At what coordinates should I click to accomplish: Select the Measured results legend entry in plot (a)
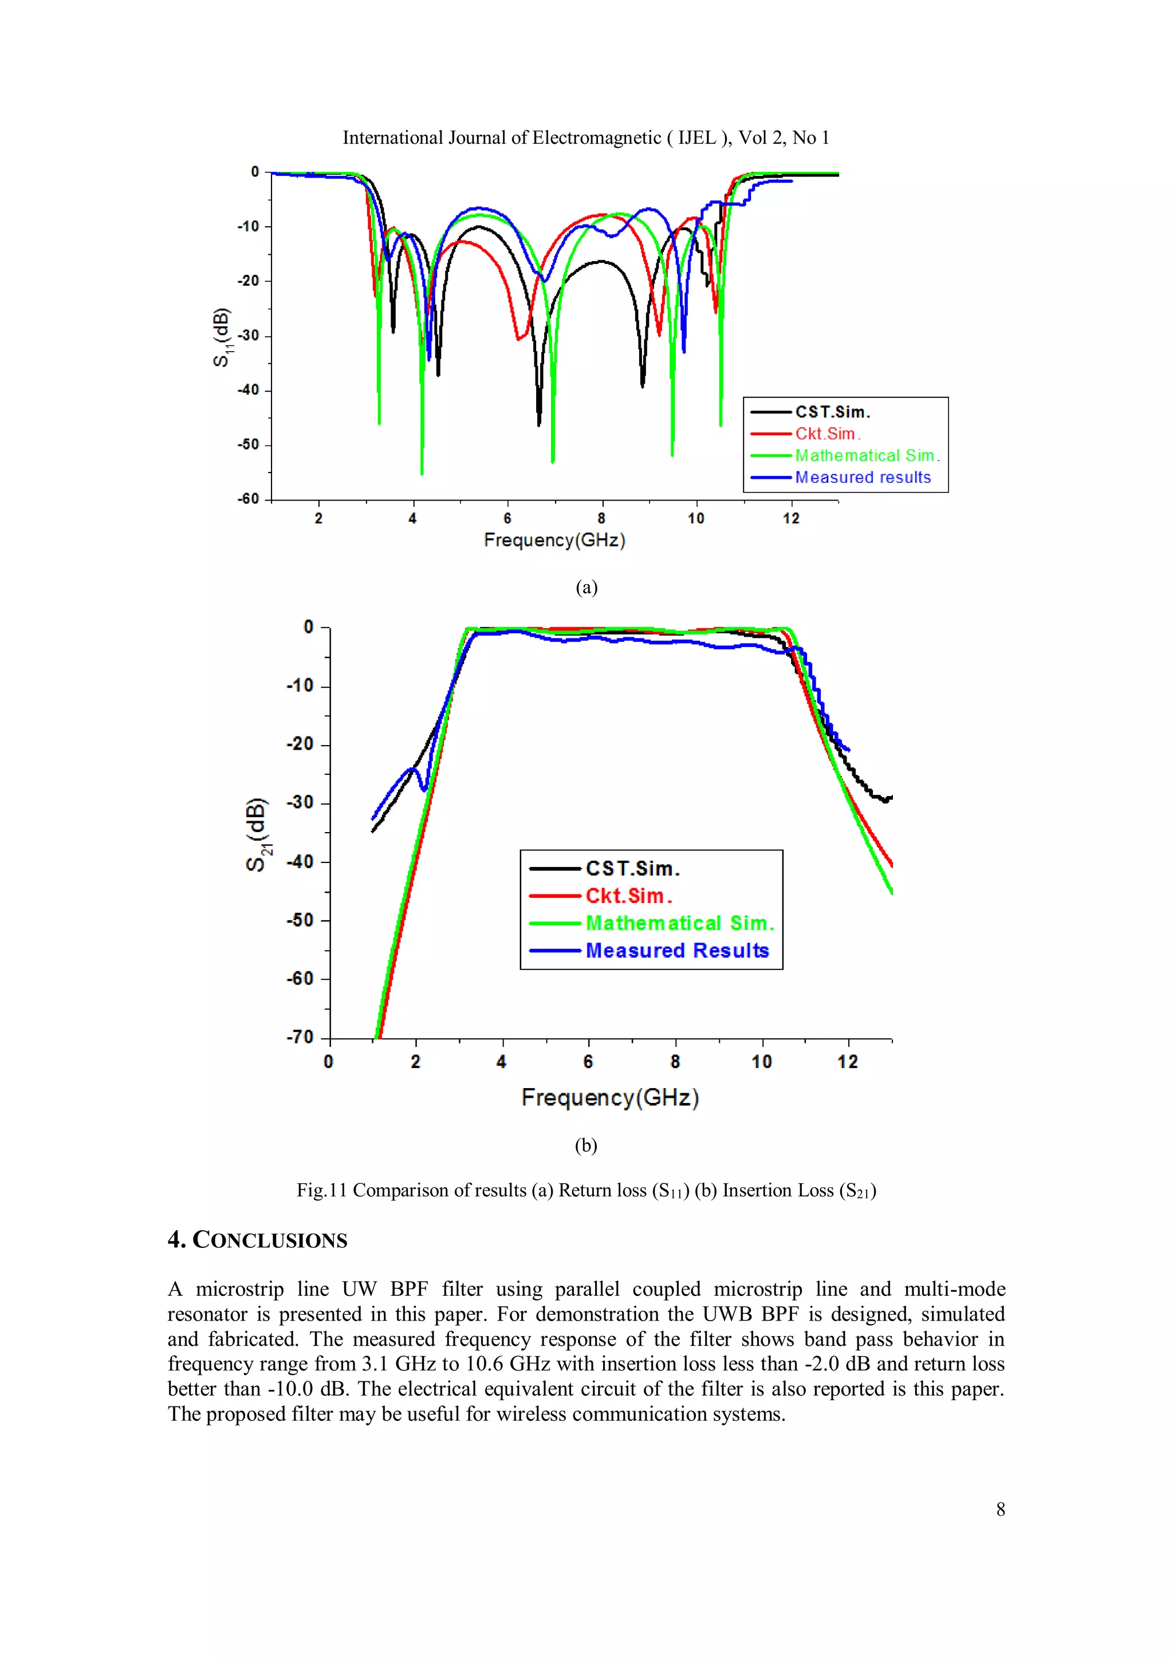[x=862, y=478]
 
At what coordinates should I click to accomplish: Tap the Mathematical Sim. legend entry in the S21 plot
[x=679, y=924]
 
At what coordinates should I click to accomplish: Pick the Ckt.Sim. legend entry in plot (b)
[x=628, y=896]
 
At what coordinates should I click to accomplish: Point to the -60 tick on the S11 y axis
[x=249, y=499]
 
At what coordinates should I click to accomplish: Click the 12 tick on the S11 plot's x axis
[x=790, y=518]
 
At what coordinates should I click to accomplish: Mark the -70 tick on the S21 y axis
[x=300, y=1038]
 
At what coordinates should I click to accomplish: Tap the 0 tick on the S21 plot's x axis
[x=329, y=1062]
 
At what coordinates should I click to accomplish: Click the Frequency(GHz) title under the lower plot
[x=610, y=1098]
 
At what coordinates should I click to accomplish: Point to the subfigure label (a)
[x=586, y=588]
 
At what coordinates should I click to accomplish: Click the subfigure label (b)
[x=585, y=1145]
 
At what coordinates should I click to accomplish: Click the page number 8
[x=1000, y=1510]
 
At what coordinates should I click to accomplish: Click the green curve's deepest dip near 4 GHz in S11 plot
[x=422, y=471]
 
